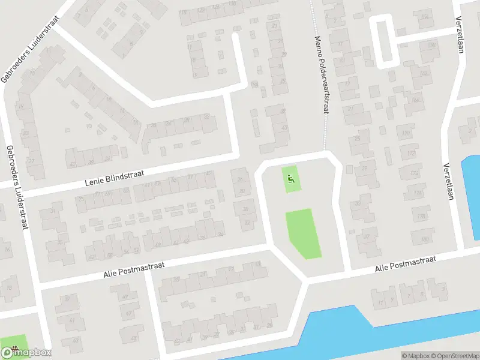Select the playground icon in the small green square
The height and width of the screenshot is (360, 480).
click(x=292, y=178)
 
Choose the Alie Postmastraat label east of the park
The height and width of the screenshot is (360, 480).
click(x=405, y=264)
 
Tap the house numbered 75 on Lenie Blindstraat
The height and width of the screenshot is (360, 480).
click(x=81, y=199)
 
